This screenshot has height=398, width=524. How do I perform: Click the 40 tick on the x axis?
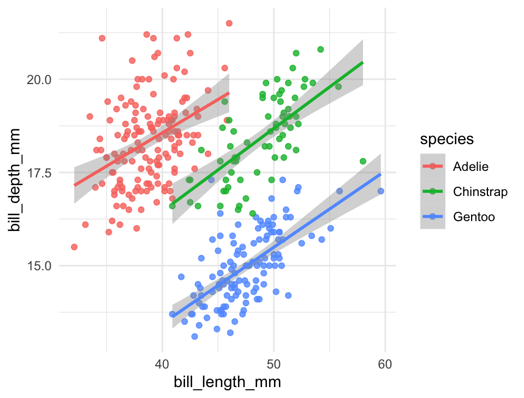(162, 364)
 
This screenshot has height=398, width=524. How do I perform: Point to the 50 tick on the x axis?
(273, 364)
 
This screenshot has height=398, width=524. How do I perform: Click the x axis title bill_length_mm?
(227, 382)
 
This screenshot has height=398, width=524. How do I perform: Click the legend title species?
(446, 139)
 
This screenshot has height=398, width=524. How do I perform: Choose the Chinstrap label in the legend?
(480, 192)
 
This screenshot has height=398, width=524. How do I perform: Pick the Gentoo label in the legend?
(474, 217)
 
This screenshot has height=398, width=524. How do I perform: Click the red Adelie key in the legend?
(433, 167)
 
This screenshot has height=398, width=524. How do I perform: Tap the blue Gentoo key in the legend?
(433, 217)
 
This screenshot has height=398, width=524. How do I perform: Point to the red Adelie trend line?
(152, 139)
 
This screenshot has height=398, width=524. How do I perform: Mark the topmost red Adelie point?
(229, 23)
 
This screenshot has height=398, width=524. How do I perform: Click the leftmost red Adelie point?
(74, 247)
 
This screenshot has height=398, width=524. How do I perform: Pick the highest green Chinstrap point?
(320, 49)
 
